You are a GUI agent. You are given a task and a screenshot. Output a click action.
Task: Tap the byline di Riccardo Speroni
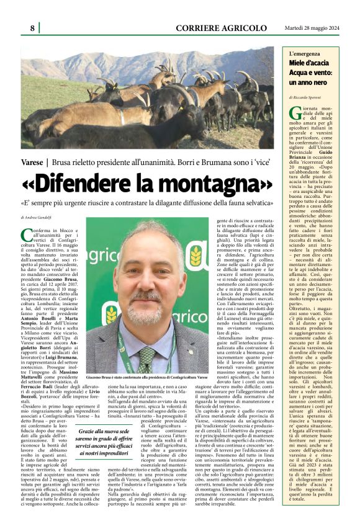308,97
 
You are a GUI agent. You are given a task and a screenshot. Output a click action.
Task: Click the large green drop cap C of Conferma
27,234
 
